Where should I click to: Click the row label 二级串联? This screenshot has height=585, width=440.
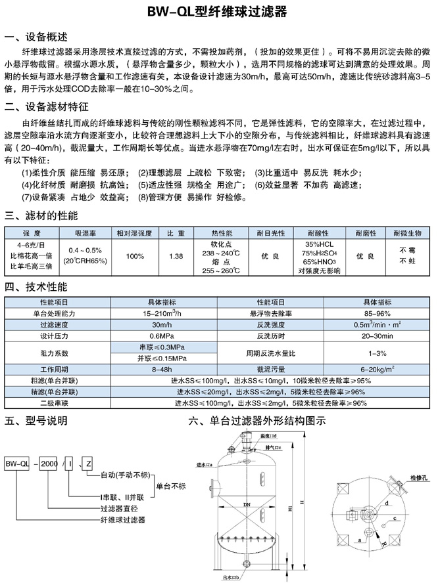59,402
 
